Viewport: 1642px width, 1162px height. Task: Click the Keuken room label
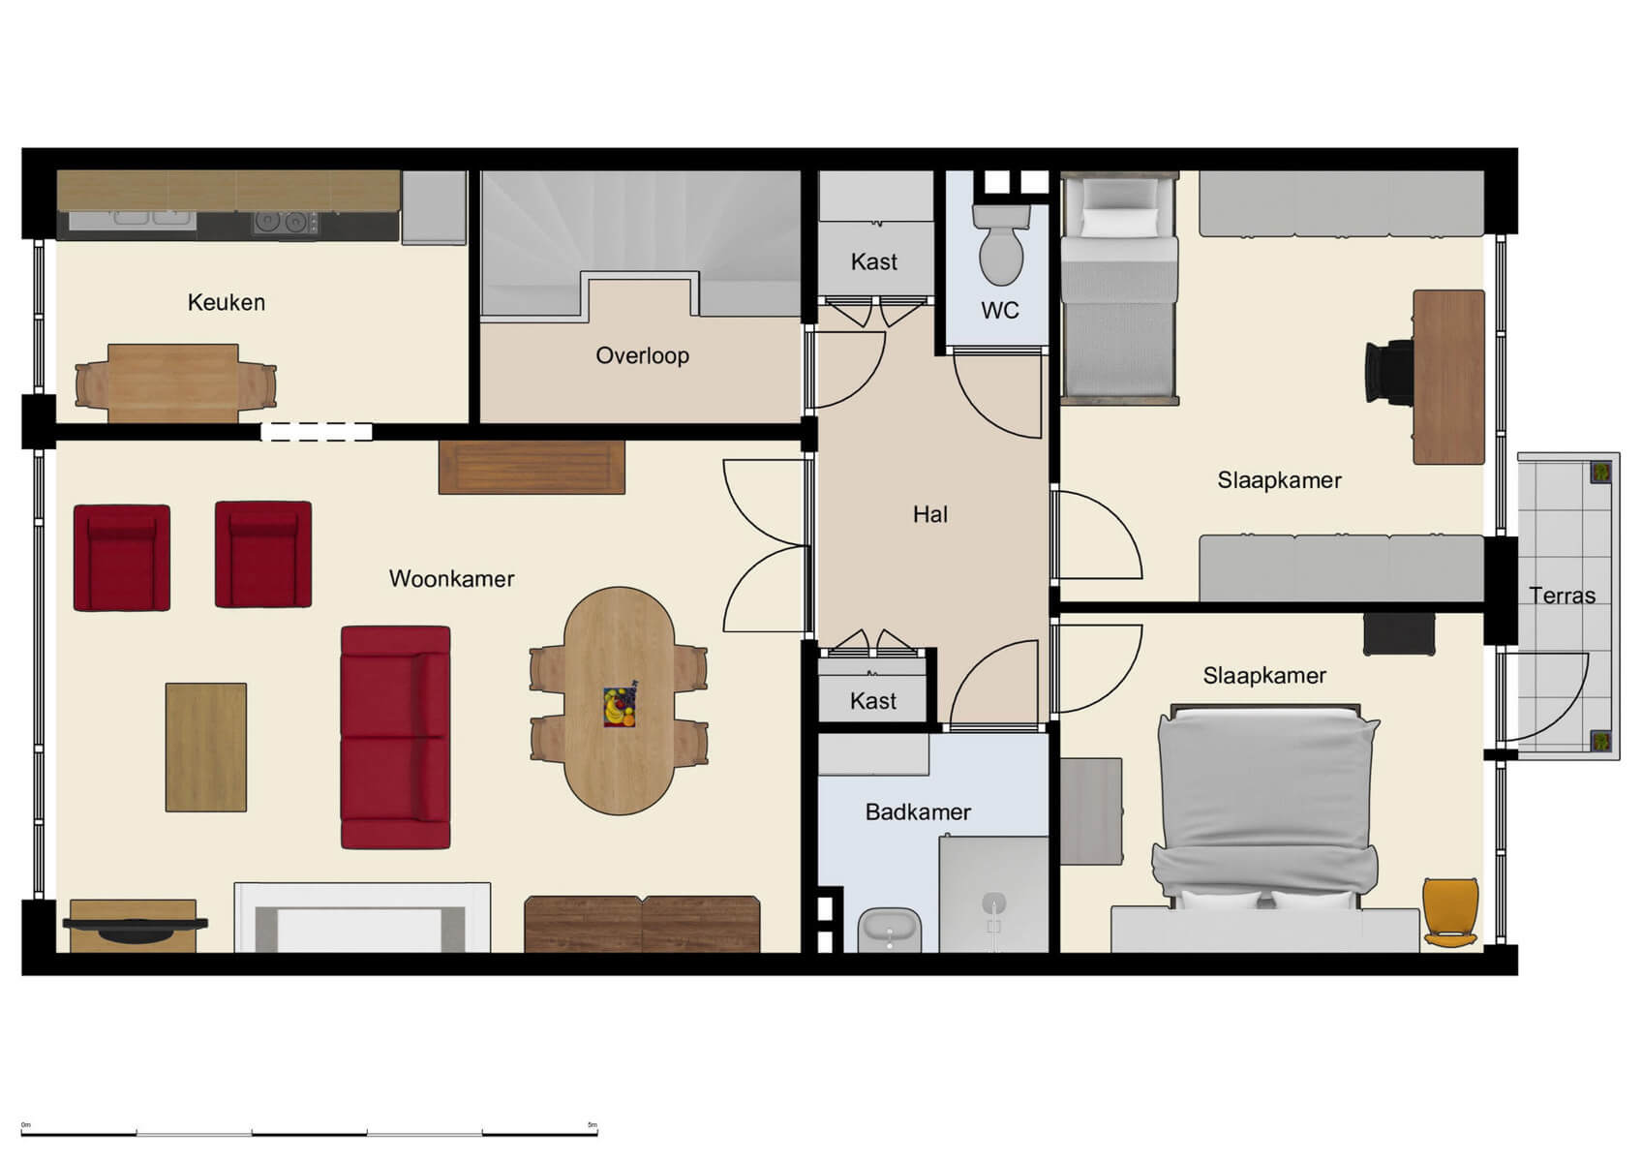[x=226, y=302]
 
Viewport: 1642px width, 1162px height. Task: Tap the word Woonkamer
[x=451, y=579]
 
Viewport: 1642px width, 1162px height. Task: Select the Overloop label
[x=642, y=355]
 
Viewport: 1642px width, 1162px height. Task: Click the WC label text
[x=999, y=310]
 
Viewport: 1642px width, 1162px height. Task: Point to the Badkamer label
[x=917, y=812]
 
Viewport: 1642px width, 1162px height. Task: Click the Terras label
[x=1562, y=596]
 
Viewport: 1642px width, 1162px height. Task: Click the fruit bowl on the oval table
[x=620, y=706]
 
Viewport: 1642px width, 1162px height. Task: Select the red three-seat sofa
[x=395, y=738]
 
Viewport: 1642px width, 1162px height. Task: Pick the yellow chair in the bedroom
[x=1450, y=911]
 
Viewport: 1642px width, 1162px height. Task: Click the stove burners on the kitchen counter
[x=285, y=223]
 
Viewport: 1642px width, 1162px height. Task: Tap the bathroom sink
[x=890, y=931]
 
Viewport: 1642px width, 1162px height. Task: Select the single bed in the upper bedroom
[x=1119, y=290]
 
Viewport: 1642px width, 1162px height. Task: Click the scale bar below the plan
[x=310, y=1132]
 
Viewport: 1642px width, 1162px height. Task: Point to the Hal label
[x=929, y=514]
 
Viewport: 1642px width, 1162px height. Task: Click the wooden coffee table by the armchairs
[x=206, y=747]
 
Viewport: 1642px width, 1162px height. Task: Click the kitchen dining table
[x=173, y=382]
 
